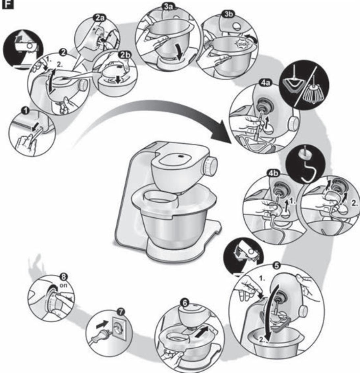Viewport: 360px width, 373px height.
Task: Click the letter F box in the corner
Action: point(8,5)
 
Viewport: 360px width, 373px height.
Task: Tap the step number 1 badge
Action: point(25,111)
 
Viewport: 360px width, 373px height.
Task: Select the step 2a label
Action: point(99,18)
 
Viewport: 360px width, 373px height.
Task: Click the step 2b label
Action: point(125,55)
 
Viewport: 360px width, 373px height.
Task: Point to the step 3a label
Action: point(169,7)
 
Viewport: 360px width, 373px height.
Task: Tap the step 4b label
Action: point(274,173)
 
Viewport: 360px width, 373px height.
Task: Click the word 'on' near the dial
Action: point(63,285)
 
